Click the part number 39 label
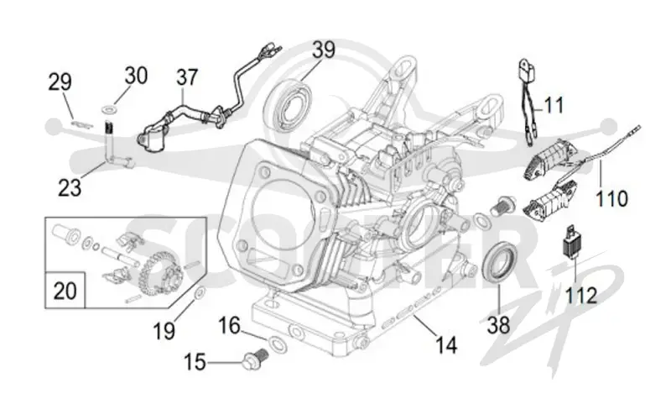coord(323,50)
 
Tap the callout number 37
coord(187,77)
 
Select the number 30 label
coord(136,76)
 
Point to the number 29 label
coord(60,82)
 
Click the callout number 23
coord(70,187)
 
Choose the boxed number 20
coord(65,291)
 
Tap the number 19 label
coord(164,331)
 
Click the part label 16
coord(229,326)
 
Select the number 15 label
coord(195,362)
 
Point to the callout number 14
coord(446,345)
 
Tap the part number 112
coord(581,296)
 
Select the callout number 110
coord(612,199)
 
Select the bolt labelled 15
coord(256,360)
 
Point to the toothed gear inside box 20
coord(159,274)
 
